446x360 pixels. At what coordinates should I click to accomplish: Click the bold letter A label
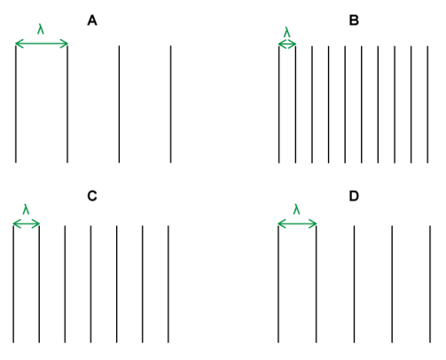(92, 20)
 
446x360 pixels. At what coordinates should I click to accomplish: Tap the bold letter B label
(354, 20)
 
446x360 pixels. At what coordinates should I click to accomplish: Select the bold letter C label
(92, 196)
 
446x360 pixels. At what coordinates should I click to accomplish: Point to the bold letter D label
(354, 196)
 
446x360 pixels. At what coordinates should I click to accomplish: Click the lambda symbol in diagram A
(41, 29)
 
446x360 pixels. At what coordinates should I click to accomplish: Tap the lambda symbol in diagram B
(287, 32)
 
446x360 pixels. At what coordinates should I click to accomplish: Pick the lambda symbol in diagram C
(26, 209)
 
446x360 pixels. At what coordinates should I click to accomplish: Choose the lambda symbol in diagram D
(296, 209)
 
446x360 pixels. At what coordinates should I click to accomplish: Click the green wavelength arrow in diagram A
(42, 43)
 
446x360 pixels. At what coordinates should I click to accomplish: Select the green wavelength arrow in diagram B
(287, 44)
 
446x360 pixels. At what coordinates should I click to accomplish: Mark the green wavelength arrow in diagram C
(27, 224)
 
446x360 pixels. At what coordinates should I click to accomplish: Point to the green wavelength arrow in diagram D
(297, 224)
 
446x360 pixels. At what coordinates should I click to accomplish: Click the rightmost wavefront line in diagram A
(170, 104)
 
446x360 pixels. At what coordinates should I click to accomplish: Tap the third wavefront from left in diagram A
(119, 104)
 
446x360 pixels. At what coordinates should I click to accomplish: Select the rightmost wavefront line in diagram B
(427, 105)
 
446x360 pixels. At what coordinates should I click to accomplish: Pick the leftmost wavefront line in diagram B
(279, 105)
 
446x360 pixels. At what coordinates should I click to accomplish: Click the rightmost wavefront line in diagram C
(168, 284)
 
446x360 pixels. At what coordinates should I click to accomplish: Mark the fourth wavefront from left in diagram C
(90, 284)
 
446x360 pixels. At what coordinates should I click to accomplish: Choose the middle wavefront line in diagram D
(354, 284)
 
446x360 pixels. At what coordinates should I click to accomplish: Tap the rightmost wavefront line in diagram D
(430, 284)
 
